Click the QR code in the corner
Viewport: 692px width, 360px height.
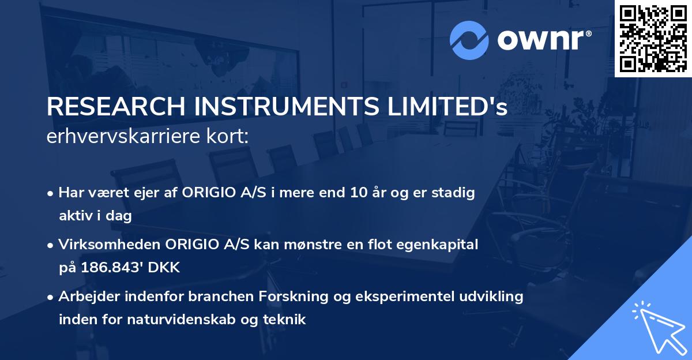653,38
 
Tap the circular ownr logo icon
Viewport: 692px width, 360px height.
469,40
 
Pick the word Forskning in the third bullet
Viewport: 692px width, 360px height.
275,297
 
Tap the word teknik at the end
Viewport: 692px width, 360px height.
287,319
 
